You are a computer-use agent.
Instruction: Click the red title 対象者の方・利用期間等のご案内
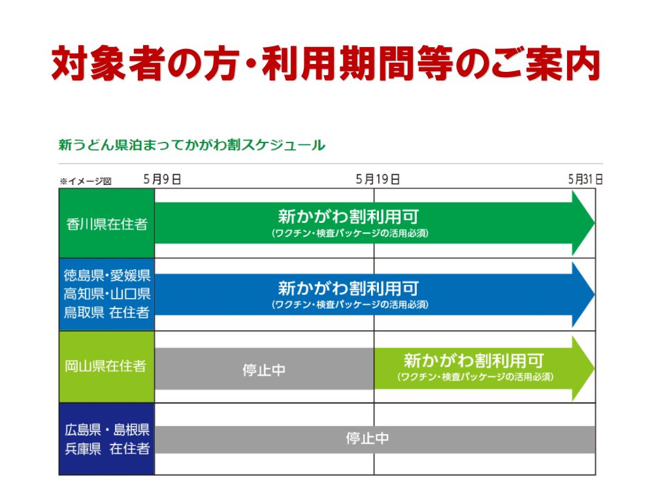pos(326,63)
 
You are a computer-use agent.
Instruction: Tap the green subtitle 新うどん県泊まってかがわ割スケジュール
pos(191,145)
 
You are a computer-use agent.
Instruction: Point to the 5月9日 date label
pos(162,179)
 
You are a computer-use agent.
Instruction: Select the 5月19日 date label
pos(378,179)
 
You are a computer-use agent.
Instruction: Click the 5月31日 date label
pos(585,179)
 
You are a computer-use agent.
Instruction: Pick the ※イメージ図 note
pos(86,182)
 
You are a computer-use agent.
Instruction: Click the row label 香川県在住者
pos(106,224)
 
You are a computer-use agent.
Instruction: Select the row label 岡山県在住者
pos(105,366)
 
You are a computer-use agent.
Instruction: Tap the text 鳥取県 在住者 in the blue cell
pos(106,312)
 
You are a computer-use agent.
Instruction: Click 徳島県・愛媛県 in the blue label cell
pos(107,275)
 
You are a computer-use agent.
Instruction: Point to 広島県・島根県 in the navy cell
pos(107,429)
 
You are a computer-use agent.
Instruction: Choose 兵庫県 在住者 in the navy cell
pos(107,448)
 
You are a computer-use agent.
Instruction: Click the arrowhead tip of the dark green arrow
pos(594,222)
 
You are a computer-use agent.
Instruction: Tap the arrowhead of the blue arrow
pos(583,295)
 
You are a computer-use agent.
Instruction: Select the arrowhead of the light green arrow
pos(583,367)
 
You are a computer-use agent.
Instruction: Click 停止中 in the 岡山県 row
pos(264,370)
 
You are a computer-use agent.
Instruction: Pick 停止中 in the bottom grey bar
pos(367,439)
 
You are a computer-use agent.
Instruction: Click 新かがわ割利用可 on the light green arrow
pos(474,361)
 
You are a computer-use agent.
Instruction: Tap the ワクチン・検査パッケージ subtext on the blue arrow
pos(350,305)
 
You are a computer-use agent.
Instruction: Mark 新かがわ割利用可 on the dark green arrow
pos(349,216)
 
